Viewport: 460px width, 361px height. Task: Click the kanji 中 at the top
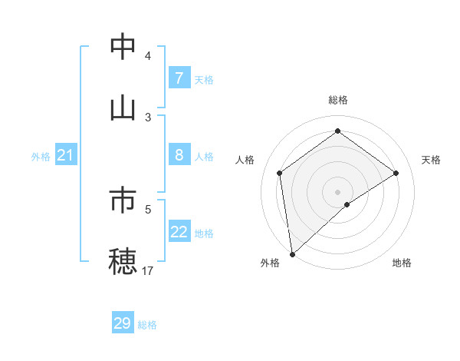click(123, 47)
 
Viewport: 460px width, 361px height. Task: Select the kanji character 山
click(123, 108)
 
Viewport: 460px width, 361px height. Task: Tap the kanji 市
click(123, 200)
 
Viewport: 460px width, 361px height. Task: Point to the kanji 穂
click(123, 261)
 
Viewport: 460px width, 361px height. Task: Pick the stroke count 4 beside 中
click(148, 55)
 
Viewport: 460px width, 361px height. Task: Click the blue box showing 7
click(179, 78)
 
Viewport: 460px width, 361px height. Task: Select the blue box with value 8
click(179, 155)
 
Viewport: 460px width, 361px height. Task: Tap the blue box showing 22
click(179, 232)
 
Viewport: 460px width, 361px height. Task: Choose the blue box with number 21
click(66, 156)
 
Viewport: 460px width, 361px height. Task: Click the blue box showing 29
click(123, 323)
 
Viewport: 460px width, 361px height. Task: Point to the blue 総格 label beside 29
click(147, 325)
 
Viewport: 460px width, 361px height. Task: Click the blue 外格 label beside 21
click(41, 157)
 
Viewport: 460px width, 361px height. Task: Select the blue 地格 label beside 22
click(204, 233)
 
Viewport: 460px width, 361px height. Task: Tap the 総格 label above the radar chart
click(338, 100)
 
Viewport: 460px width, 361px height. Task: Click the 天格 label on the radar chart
click(432, 160)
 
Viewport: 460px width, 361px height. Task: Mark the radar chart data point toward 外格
click(292, 254)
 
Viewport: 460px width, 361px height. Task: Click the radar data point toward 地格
click(347, 204)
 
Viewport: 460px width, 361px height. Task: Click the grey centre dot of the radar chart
click(338, 191)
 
